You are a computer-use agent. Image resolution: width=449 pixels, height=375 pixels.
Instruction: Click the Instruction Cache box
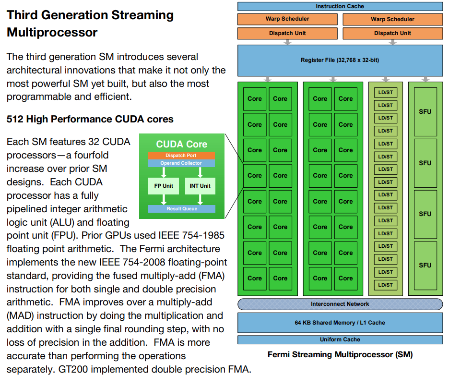tap(340, 6)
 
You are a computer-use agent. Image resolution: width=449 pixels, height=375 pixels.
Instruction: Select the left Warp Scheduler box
tap(287, 19)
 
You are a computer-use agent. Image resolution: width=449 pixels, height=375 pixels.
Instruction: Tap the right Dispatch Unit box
tap(392, 33)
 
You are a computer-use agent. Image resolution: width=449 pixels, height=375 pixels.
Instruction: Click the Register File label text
tap(340, 60)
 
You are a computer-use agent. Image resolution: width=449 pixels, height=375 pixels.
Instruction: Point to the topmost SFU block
tap(425, 111)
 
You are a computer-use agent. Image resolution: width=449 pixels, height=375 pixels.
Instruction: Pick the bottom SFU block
tap(425, 266)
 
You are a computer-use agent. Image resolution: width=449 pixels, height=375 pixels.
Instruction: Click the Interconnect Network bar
tap(340, 304)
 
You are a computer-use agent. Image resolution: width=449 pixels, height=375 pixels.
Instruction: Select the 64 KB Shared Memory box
tap(340, 323)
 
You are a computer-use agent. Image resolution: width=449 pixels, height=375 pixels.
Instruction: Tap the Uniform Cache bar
tap(340, 340)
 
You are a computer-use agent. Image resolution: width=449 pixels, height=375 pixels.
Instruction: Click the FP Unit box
tap(164, 186)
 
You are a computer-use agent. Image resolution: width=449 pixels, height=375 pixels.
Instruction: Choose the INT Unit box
tap(200, 186)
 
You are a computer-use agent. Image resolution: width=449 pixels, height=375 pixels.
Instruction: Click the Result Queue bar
tap(181, 209)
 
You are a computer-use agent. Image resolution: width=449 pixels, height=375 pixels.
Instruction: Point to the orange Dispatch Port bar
tap(181, 156)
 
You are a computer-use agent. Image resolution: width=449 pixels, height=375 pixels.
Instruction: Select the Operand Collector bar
tap(181, 163)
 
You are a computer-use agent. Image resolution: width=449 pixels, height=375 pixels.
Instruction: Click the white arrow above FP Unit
tap(164, 172)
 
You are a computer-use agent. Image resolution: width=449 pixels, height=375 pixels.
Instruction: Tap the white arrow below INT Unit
tap(200, 200)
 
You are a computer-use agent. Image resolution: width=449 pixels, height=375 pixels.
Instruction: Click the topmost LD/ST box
tap(385, 93)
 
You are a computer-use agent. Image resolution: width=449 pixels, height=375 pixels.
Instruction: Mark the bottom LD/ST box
tap(385, 285)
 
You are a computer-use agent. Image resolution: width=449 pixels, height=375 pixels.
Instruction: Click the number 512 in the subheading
tap(15, 119)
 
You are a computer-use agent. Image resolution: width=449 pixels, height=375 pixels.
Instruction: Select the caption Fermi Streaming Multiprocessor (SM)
tap(340, 355)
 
